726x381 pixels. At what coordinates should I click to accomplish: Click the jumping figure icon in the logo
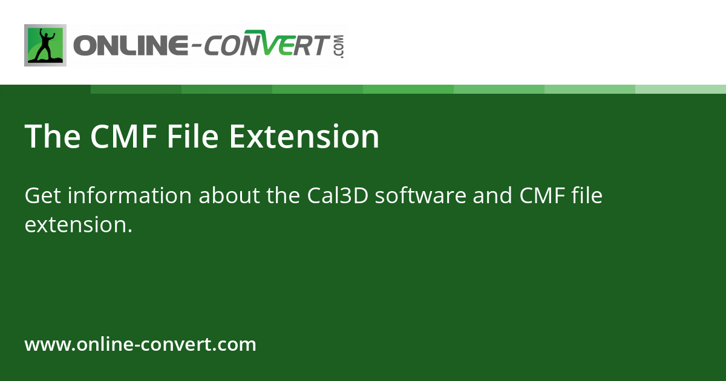coord(45,45)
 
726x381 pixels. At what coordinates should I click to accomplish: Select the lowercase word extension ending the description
coord(77,225)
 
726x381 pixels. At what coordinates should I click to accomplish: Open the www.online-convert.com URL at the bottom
coord(140,345)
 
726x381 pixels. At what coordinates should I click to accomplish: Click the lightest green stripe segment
coord(681,89)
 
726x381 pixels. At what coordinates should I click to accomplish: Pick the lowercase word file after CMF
coord(587,196)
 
